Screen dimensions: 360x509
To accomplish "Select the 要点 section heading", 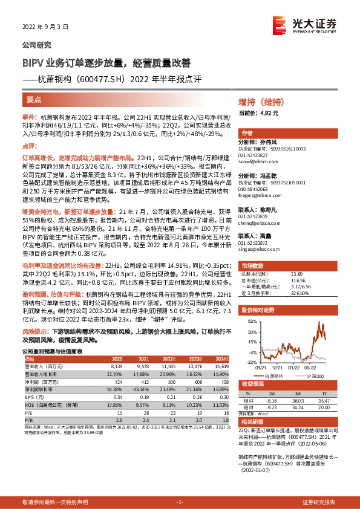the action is click(x=34, y=99).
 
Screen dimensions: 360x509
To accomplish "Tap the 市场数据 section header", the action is click(x=254, y=265).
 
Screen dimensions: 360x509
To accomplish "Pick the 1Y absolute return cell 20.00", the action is click(x=324, y=408).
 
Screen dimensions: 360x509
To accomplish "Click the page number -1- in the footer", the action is click(x=180, y=502).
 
